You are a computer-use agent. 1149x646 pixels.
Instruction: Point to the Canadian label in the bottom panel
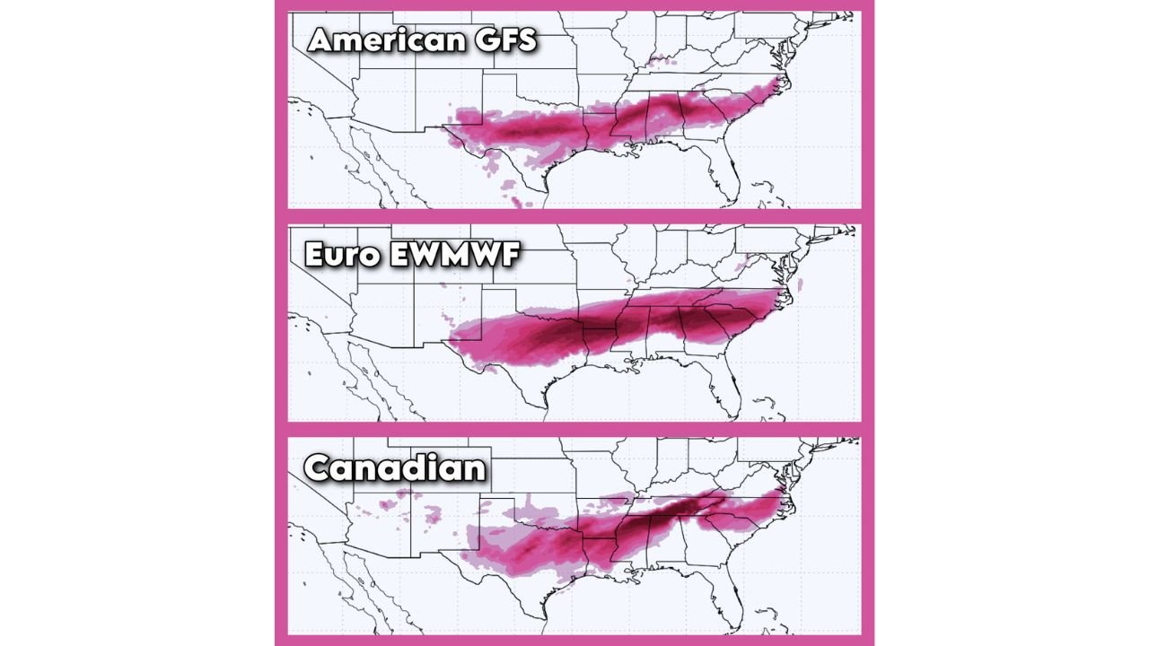[394, 468]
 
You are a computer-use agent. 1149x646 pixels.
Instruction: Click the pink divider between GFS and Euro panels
[574, 216]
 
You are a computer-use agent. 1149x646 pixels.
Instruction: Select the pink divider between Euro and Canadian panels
[574, 429]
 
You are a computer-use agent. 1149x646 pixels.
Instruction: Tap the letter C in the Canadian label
[320, 468]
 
